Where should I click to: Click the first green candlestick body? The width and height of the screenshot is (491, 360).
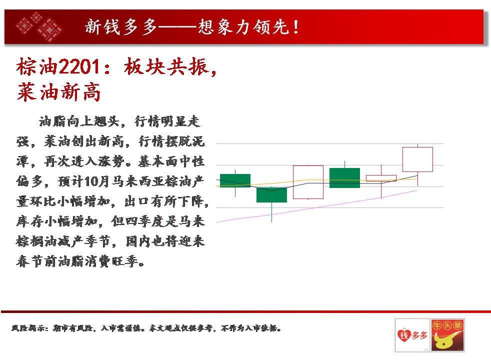pos(235,180)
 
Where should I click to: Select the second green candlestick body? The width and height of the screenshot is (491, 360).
pos(271,194)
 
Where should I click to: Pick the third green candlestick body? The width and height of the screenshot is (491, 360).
pos(344,178)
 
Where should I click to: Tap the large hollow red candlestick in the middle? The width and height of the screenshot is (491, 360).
pos(308,182)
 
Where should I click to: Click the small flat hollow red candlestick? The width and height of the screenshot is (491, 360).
pos(381,178)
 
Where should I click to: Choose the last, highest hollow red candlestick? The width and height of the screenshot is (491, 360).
pos(417,159)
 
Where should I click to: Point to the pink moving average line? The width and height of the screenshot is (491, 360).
pos(317,206)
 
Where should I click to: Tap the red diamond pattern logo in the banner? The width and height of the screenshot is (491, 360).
pos(39,26)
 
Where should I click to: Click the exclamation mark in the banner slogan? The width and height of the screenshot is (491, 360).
pos(295,27)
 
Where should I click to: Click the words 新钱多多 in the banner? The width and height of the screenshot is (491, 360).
pos(121,26)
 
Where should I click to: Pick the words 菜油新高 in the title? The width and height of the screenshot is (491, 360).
pos(59,92)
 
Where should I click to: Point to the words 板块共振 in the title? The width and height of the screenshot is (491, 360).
pos(166,66)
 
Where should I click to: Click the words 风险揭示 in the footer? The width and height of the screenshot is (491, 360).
pos(27,328)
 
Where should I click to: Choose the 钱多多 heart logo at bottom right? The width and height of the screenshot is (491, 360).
pos(412,335)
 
